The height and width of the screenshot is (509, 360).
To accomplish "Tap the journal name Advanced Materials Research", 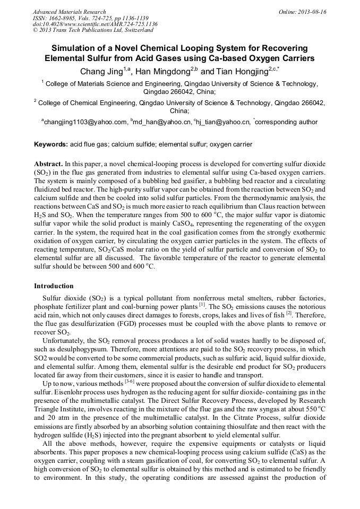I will pyautogui.click(x=69, y=12).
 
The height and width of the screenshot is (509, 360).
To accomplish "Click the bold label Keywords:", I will pyautogui.click(x=51, y=144).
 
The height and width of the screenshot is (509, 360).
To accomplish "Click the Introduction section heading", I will pyautogui.click(x=54, y=286).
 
